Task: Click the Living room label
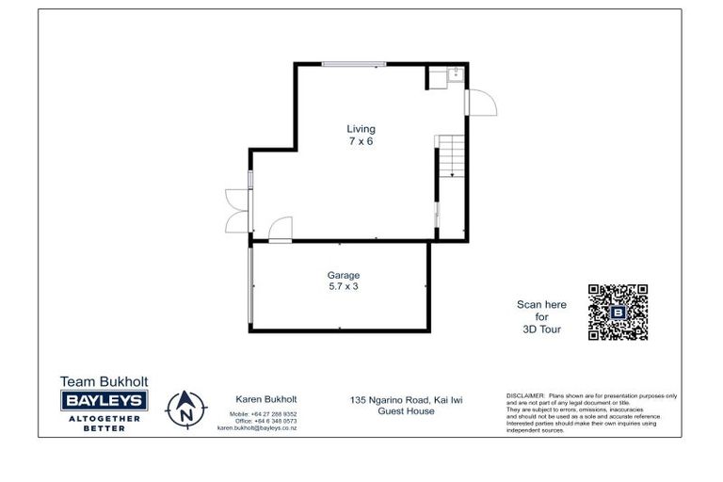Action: click(x=360, y=129)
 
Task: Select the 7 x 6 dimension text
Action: click(x=360, y=141)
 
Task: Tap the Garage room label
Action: click(x=343, y=275)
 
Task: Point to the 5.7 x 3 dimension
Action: click(x=343, y=286)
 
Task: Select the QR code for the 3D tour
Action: click(x=618, y=312)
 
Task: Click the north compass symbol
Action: click(x=185, y=408)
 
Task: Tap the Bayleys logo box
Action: click(x=104, y=401)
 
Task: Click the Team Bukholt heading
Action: click(x=104, y=382)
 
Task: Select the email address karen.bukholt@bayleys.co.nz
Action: click(x=257, y=427)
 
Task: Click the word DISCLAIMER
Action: click(x=525, y=396)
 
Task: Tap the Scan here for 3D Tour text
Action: click(x=542, y=317)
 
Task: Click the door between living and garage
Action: click(x=280, y=230)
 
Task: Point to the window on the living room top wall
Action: click(x=353, y=64)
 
